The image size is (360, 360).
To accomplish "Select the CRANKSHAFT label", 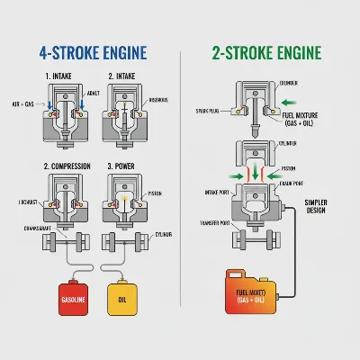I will [x=26, y=228].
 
